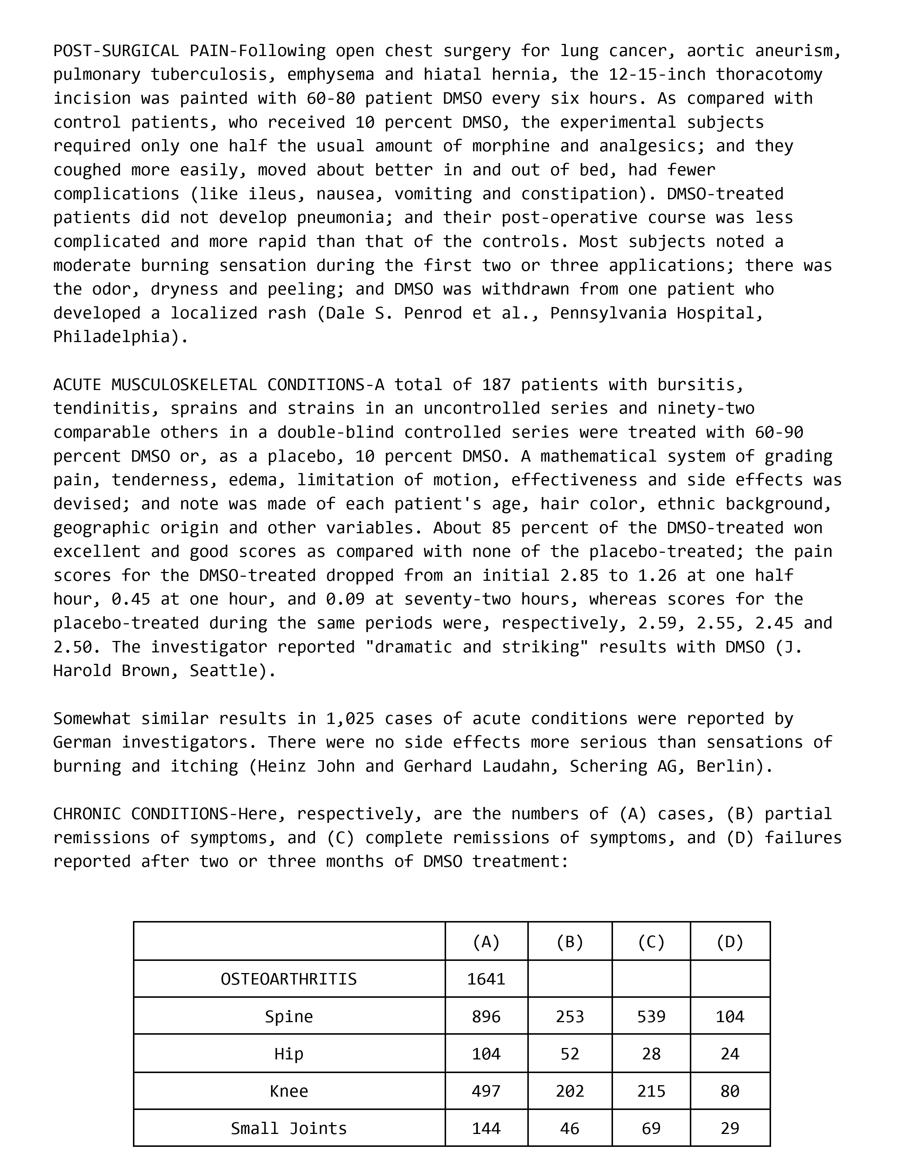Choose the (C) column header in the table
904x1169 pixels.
pos(651,942)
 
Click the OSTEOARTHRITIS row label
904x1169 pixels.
pos(289,979)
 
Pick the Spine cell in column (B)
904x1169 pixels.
pos(569,1017)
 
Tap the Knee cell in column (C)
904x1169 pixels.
pos(651,1091)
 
